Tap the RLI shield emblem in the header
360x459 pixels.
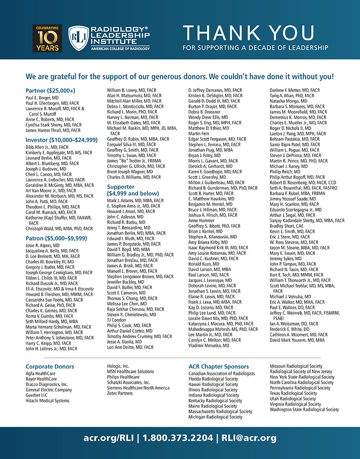pos(77,38)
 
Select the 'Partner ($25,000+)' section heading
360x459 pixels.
pos(50,91)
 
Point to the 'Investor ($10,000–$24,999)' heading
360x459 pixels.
pos(62,140)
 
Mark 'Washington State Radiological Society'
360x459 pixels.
pos(305,409)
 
